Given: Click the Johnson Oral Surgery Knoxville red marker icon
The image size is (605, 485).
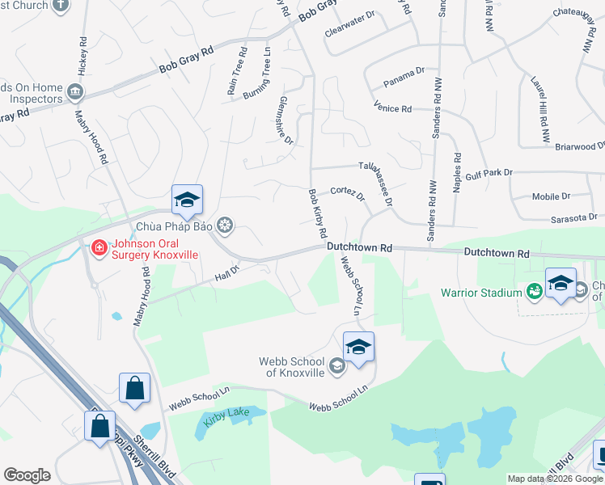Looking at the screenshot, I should click(x=99, y=247).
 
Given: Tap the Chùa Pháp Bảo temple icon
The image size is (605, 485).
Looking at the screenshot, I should click(x=226, y=225).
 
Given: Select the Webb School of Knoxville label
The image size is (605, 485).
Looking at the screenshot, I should click(x=292, y=366).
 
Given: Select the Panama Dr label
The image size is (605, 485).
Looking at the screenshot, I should click(x=404, y=72).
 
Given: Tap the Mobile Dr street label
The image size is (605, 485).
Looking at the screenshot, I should click(x=551, y=196).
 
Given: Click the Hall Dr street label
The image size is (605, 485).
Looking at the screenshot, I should click(x=227, y=276).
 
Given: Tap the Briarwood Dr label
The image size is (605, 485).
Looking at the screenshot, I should click(x=580, y=146).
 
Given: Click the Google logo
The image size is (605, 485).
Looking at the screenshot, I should click(x=27, y=475).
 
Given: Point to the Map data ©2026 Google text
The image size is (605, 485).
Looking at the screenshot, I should click(x=555, y=479).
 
